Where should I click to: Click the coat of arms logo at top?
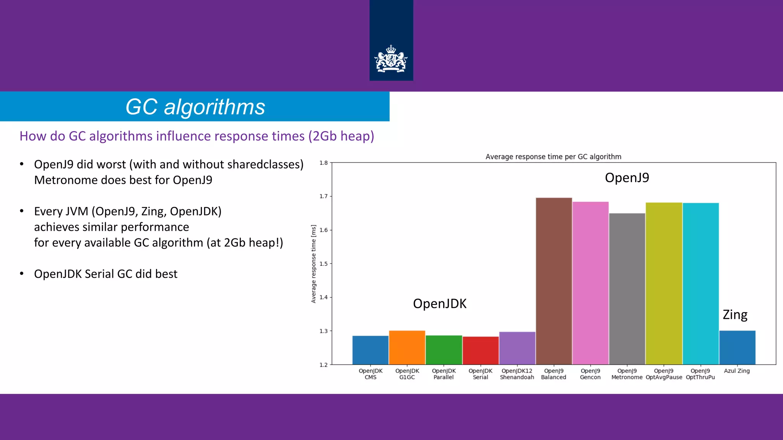(x=391, y=59)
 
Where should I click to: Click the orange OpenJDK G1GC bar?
(x=407, y=348)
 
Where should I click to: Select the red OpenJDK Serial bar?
(x=480, y=350)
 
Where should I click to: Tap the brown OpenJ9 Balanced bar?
(x=554, y=281)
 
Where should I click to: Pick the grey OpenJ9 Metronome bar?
(x=627, y=288)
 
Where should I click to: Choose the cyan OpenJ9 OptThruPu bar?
(x=700, y=283)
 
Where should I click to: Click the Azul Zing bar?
(x=737, y=348)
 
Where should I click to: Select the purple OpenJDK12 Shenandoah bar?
(x=517, y=348)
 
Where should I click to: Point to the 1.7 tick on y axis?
(x=323, y=196)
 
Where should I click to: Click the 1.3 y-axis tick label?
(x=323, y=331)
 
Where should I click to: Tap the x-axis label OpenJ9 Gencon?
(x=590, y=374)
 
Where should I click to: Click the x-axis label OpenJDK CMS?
(x=370, y=374)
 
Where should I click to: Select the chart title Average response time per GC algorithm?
(x=553, y=157)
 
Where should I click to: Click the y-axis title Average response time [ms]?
(x=314, y=264)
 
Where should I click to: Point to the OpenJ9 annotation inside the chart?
(x=627, y=178)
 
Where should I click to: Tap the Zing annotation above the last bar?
(x=734, y=315)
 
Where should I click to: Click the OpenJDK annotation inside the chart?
(x=440, y=304)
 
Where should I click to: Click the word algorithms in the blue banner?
(x=214, y=107)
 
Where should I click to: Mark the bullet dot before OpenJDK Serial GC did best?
(x=22, y=273)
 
